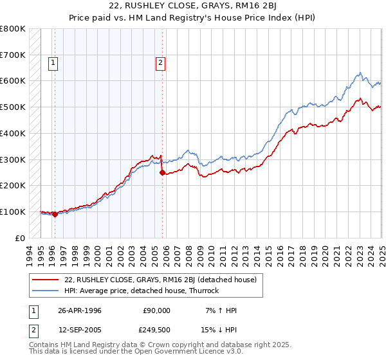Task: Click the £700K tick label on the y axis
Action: click(14, 55)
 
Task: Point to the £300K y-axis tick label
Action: click(14, 159)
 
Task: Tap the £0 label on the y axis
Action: click(21, 238)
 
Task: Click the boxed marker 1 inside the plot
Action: click(52, 63)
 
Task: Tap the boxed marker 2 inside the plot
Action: click(160, 63)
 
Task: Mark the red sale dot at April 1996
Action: click(55, 215)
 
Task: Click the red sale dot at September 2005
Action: click(162, 172)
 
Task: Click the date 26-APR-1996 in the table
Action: click(80, 310)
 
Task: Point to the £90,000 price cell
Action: click(156, 310)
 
